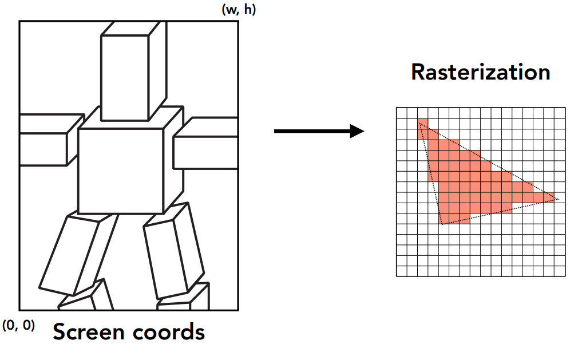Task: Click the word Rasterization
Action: [x=480, y=73]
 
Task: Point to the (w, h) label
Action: [x=238, y=10]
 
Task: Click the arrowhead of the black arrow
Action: [x=357, y=131]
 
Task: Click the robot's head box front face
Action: [x=124, y=78]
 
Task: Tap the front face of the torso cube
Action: [x=121, y=171]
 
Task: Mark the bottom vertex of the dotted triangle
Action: [x=442, y=224]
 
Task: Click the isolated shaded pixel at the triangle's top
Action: [x=422, y=124]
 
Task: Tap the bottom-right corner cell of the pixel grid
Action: [x=560, y=271]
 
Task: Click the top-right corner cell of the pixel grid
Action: [x=560, y=113]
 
